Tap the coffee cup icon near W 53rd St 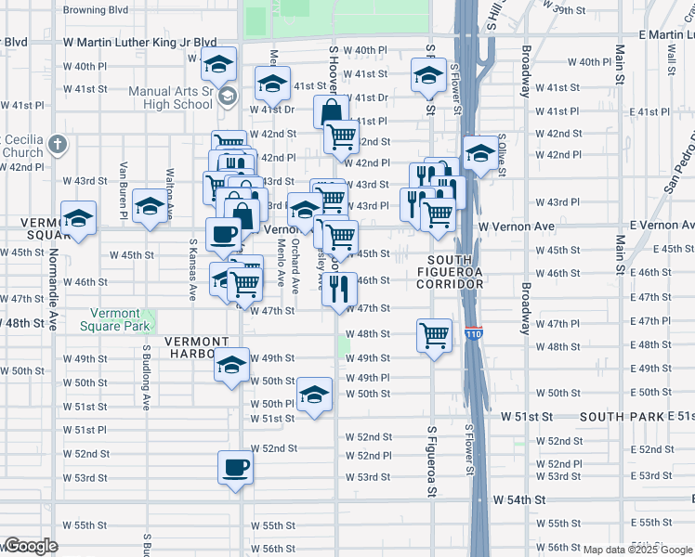pyautogui.click(x=234, y=467)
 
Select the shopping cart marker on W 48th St pyautogui.click(x=434, y=334)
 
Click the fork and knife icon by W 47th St pyautogui.click(x=339, y=289)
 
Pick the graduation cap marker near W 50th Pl pyautogui.click(x=314, y=395)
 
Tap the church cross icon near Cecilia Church pyautogui.click(x=58, y=145)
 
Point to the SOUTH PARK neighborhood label pyautogui.click(x=623, y=417)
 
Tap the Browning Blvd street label pyautogui.click(x=95, y=11)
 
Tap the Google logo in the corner pyautogui.click(x=30, y=547)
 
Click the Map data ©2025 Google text pyautogui.click(x=631, y=550)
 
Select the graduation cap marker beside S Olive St pyautogui.click(x=479, y=153)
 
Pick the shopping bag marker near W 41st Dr pyautogui.click(x=331, y=112)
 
